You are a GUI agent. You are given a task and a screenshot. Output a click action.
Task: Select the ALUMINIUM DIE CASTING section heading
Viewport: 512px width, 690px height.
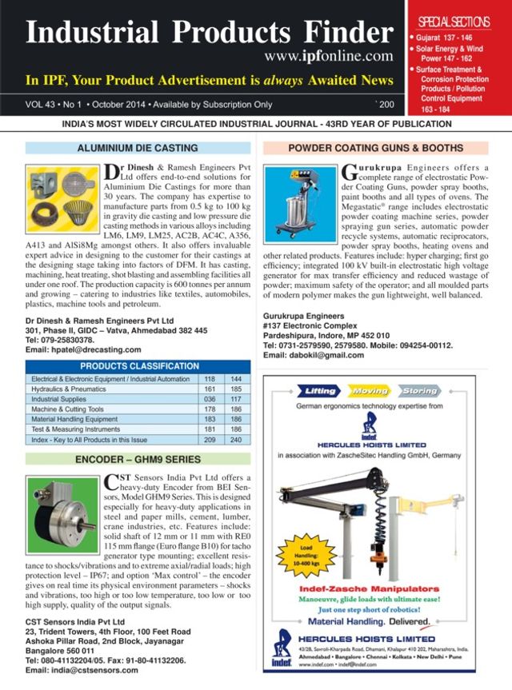(x=138, y=149)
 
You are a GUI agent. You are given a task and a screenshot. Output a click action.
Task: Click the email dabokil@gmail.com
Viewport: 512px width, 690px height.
(x=318, y=354)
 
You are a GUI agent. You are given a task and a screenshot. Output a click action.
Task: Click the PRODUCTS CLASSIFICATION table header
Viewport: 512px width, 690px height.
(x=138, y=366)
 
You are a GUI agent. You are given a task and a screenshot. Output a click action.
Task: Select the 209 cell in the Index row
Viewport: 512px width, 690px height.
(x=210, y=440)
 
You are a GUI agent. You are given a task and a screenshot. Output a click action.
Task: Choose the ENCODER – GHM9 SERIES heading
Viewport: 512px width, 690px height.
(x=138, y=460)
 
